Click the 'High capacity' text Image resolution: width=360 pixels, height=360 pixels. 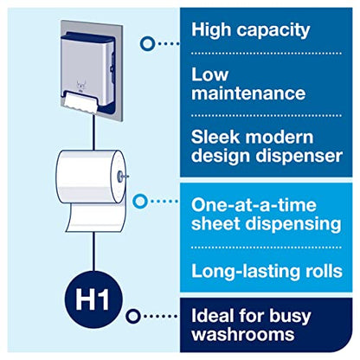[x=249, y=30]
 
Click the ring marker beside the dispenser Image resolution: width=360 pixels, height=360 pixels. [x=148, y=41]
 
